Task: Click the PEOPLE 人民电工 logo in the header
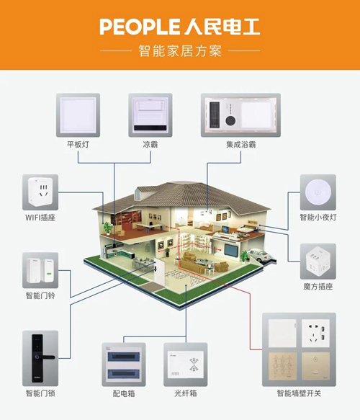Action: pyautogui.click(x=179, y=27)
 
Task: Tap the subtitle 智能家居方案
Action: pyautogui.click(x=180, y=50)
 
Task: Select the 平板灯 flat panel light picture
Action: pyautogui.click(x=78, y=115)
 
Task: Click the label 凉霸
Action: pyautogui.click(x=150, y=145)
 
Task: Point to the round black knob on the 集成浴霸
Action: pyautogui.click(x=230, y=120)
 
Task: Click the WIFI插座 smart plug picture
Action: pyautogui.click(x=40, y=192)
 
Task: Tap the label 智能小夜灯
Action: pyautogui.click(x=318, y=218)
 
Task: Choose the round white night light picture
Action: pyautogui.click(x=318, y=192)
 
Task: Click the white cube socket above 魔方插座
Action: pyautogui.click(x=318, y=262)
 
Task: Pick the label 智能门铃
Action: pyautogui.click(x=40, y=295)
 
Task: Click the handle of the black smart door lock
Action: pyautogui.click(x=47, y=357)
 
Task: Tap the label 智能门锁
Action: pyautogui.click(x=40, y=393)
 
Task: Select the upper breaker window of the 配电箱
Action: pyautogui.click(x=124, y=357)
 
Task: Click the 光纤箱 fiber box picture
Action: pyautogui.click(x=186, y=365)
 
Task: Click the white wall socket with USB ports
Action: pyautogui.click(x=315, y=334)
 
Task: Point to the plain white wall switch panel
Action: pyautogui.click(x=282, y=334)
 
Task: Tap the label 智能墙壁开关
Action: pyautogui.click(x=299, y=393)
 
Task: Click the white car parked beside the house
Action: pyautogui.click(x=260, y=255)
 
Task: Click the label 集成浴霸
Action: pyautogui.click(x=240, y=145)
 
